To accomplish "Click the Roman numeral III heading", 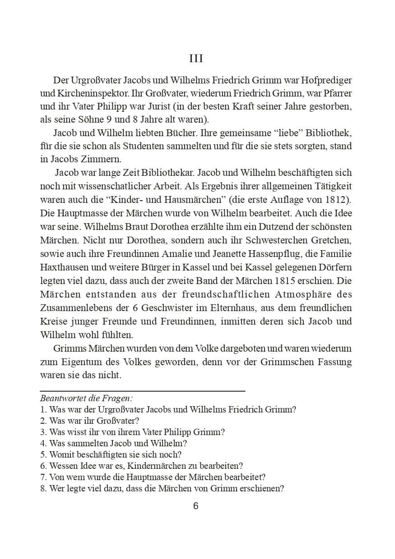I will pos(196,59).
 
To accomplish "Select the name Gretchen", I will pos(329,238).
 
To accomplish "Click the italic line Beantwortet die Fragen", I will pos(86,399).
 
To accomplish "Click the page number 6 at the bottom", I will pos(195,506).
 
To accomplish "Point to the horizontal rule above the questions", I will pos(143,390).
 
